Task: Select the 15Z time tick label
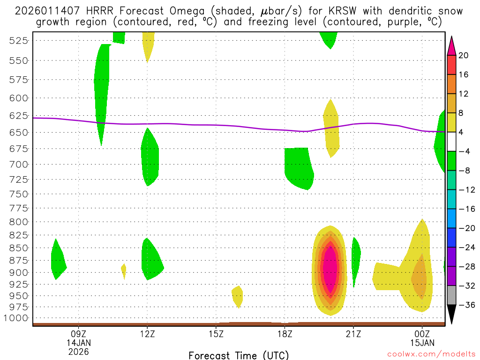point(216,334)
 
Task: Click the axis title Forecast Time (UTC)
point(239,355)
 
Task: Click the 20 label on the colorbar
point(464,55)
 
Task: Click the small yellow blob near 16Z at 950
point(238,296)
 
